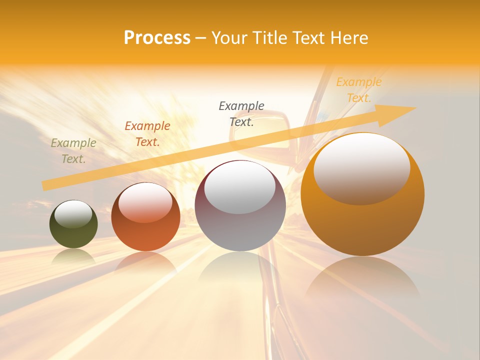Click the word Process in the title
tap(157, 38)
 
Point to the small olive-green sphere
tap(73, 224)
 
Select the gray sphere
tap(240, 206)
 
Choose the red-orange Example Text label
tap(147, 134)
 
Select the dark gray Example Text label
tap(241, 113)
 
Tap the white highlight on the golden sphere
tap(361, 168)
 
